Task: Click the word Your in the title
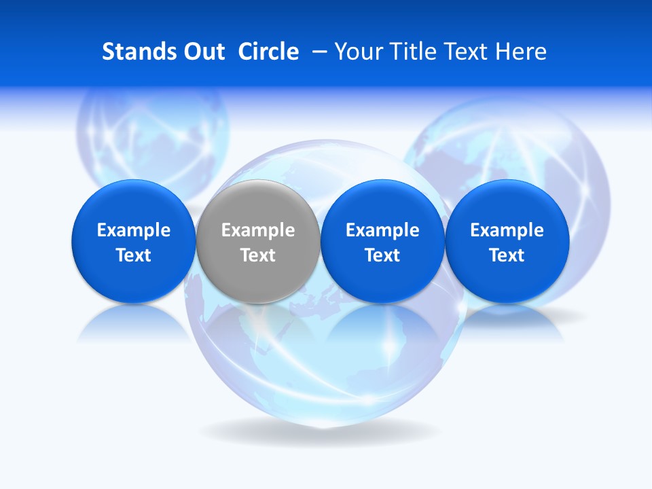(358, 52)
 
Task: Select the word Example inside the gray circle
(258, 230)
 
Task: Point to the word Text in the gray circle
(258, 255)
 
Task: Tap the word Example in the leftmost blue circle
(133, 230)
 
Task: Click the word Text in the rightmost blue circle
(507, 255)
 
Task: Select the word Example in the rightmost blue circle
(507, 230)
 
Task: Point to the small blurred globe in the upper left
(153, 136)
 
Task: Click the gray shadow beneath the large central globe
(319, 431)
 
